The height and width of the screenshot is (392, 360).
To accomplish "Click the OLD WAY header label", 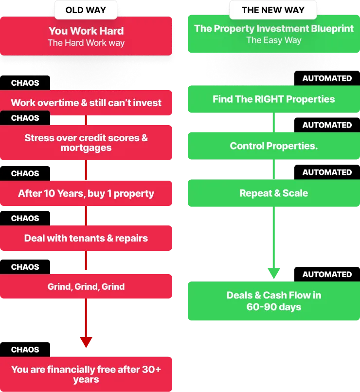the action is [86, 10].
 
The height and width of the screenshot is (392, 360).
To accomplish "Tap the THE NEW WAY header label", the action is [273, 10].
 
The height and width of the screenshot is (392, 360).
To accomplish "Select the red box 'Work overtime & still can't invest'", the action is [86, 103].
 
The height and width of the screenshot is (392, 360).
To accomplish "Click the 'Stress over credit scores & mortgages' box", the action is [86, 143].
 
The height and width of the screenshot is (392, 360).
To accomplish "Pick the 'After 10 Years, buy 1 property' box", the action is [86, 193].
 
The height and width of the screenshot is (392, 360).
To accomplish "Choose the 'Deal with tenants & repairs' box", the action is [86, 238].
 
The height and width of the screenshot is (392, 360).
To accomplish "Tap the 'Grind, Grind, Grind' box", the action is [86, 286].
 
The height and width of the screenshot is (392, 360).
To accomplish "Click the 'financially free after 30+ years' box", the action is [86, 374].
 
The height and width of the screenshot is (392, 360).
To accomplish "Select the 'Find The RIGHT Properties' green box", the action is [274, 99].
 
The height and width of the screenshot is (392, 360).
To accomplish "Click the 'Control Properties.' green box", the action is [274, 146].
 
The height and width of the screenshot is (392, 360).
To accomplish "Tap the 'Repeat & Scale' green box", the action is [274, 193].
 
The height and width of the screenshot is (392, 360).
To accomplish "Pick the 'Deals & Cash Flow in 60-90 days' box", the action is [274, 301].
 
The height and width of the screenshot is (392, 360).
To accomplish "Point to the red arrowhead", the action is [86, 342].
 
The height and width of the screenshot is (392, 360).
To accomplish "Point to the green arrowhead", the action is [274, 273].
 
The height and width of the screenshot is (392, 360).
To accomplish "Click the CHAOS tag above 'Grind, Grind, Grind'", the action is [25, 267].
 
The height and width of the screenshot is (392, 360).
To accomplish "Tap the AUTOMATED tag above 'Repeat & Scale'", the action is [327, 172].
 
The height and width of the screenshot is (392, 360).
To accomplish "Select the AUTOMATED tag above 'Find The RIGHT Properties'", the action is [327, 78].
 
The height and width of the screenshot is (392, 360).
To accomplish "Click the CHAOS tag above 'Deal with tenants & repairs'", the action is [25, 218].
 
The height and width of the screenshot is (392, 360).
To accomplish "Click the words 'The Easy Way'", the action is [274, 40].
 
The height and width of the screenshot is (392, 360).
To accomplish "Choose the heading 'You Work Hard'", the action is [86, 31].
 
